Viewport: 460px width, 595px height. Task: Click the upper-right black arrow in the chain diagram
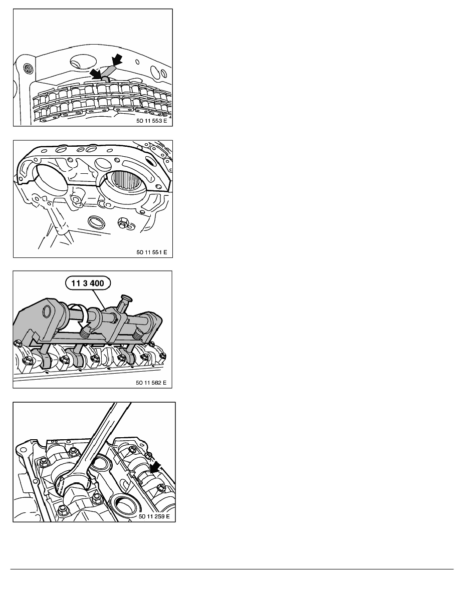pos(117,59)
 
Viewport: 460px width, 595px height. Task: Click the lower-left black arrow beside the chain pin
pos(96,74)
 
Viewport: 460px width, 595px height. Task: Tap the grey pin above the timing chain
pos(108,73)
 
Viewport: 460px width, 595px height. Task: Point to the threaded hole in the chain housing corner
pos(28,68)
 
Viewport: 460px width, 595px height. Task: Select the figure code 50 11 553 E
pos(151,121)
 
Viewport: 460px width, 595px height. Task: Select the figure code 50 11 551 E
pos(152,252)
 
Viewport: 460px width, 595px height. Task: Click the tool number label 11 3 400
pos(87,283)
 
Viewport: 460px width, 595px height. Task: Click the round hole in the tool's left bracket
pos(47,312)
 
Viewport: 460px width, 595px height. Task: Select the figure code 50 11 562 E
pos(151,383)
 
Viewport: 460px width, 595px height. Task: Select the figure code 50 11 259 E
pos(154,516)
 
